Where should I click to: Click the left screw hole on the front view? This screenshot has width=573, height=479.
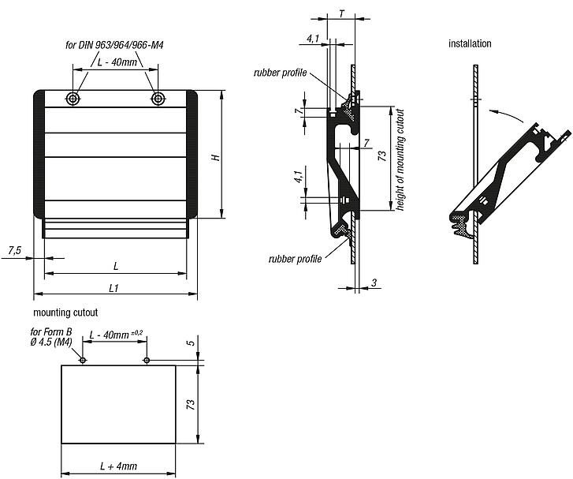coord(73,99)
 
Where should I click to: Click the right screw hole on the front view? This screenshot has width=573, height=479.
coord(158,99)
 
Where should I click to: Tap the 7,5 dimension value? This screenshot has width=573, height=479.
coord(15,250)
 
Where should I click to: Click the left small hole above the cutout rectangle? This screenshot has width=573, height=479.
coord(83,360)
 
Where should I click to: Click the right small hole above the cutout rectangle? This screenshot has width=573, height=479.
coord(147,360)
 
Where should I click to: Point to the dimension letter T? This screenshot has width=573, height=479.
coord(340,13)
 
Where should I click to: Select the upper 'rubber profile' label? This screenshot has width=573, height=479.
coord(281,73)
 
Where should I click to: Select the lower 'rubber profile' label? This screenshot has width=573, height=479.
coord(295,259)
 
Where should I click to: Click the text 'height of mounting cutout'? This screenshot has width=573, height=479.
coord(400,159)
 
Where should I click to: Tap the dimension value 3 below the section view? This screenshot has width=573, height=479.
coord(373,282)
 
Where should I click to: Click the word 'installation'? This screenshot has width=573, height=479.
coord(470,43)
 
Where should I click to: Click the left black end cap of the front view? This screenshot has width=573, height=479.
coord(39,154)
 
